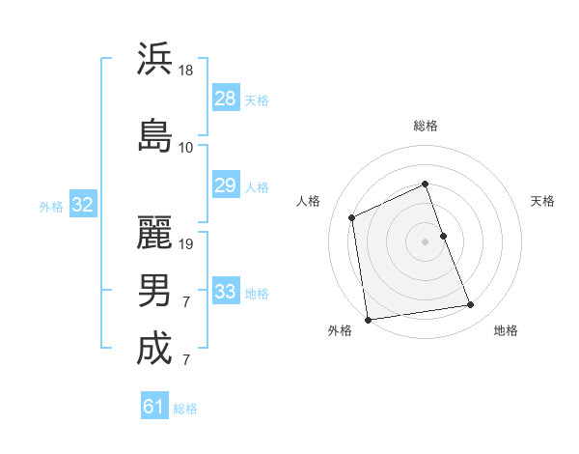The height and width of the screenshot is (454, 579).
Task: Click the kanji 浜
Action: coord(154,59)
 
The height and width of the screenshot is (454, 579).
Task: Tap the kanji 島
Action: coord(154,135)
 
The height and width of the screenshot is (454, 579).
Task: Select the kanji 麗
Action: coord(154,232)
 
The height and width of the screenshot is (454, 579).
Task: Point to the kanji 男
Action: coord(154,290)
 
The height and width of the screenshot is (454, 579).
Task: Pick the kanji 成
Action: coord(154,349)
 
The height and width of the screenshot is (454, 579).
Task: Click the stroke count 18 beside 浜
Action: coord(186,71)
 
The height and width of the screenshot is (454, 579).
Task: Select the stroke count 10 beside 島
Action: coord(186,148)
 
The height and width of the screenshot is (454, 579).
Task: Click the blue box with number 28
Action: coord(225,99)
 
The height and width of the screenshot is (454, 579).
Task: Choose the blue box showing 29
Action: coord(225,185)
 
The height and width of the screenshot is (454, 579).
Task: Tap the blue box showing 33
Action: coord(225,292)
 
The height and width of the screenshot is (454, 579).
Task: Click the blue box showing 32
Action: coord(82,205)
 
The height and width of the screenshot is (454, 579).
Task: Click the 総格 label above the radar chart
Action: coord(426,126)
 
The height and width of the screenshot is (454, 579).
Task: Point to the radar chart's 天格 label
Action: coord(543,201)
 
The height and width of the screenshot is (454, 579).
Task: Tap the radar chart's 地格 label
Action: coord(506,330)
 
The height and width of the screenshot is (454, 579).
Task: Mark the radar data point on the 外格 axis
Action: coord(368,319)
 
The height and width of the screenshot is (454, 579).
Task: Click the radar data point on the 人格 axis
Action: coord(352,217)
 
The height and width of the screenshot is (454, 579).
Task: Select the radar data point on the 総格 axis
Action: coord(426,184)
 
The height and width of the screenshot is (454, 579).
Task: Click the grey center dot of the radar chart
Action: coord(426,241)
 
